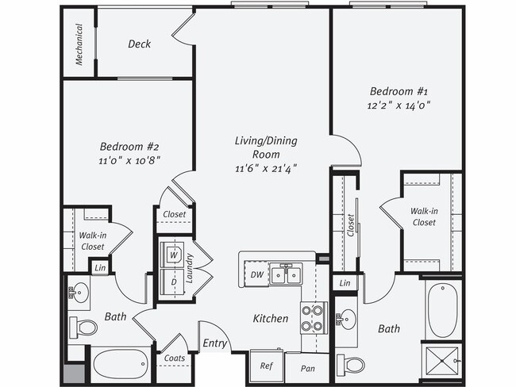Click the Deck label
(x=140, y=44)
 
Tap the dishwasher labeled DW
(x=256, y=274)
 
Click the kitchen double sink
(x=286, y=274)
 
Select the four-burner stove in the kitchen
(x=312, y=317)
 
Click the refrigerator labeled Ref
(x=267, y=366)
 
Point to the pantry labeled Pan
(x=306, y=368)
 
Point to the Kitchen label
(x=271, y=318)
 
